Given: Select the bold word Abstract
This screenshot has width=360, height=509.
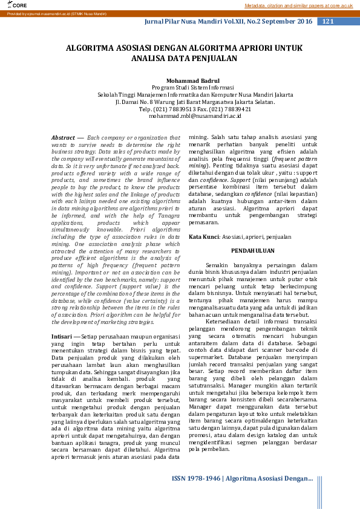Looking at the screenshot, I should [63, 138].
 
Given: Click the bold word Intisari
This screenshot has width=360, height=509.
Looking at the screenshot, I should [62, 336].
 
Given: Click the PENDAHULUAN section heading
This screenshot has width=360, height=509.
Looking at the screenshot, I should [253, 234].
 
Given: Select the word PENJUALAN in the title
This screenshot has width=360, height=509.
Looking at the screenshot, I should [214, 59].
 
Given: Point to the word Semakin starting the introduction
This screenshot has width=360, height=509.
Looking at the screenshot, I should [218, 248].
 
